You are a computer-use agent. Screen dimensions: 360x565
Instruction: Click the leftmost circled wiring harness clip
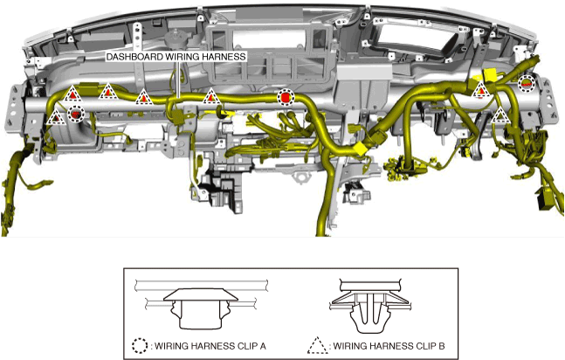(x=76, y=113)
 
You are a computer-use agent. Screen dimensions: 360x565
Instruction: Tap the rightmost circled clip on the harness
(x=526, y=83)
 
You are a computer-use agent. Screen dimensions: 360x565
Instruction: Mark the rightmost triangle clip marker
(x=500, y=114)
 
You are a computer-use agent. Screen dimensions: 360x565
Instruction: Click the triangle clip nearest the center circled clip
(x=210, y=96)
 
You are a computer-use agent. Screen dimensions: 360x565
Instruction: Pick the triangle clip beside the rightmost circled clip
(x=480, y=90)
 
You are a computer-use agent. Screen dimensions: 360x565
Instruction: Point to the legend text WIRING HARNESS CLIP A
(x=210, y=346)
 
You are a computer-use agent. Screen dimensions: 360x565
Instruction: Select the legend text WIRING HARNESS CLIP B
(x=389, y=346)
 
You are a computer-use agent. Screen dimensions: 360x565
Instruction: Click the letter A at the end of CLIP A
(x=262, y=346)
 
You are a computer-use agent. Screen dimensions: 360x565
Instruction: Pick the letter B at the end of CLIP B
(x=441, y=346)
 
